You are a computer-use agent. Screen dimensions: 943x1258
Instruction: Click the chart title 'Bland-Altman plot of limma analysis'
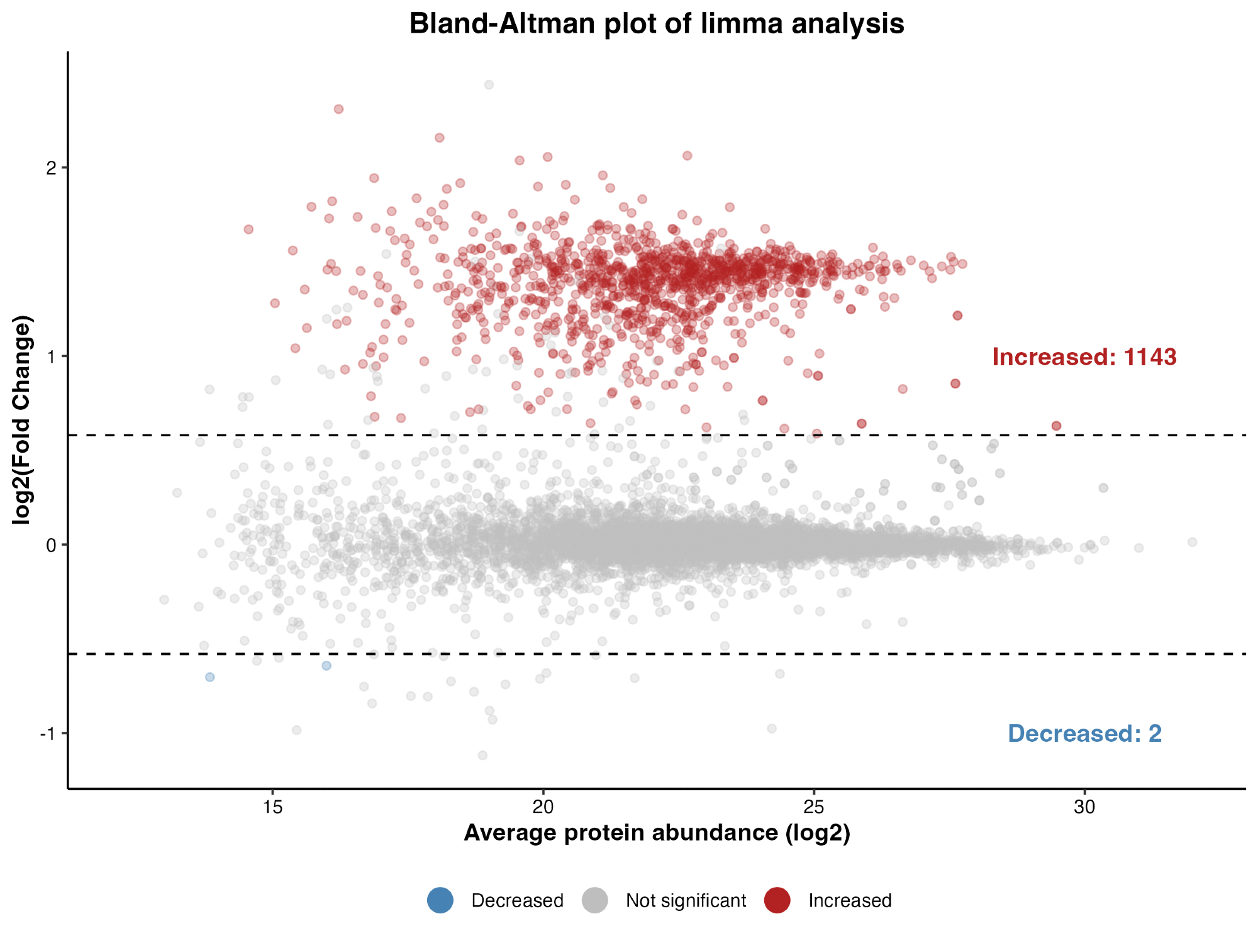[x=657, y=24]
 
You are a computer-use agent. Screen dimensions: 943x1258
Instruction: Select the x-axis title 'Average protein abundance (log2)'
[x=657, y=832]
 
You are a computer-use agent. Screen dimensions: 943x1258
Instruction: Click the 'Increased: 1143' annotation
[x=1084, y=357]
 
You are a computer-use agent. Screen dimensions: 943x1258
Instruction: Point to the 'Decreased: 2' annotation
[x=1084, y=734]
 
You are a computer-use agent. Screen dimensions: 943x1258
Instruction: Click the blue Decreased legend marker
[x=440, y=900]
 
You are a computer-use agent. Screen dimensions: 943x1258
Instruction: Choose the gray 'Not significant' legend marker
[x=594, y=900]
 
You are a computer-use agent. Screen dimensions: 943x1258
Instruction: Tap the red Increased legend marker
[x=777, y=900]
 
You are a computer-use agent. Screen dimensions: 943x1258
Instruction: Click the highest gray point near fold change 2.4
[x=489, y=85]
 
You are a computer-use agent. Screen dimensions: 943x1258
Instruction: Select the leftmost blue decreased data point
[x=210, y=677]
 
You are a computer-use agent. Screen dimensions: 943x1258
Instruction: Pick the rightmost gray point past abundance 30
[x=1192, y=542]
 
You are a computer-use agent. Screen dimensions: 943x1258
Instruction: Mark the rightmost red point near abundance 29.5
[x=1056, y=426]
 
